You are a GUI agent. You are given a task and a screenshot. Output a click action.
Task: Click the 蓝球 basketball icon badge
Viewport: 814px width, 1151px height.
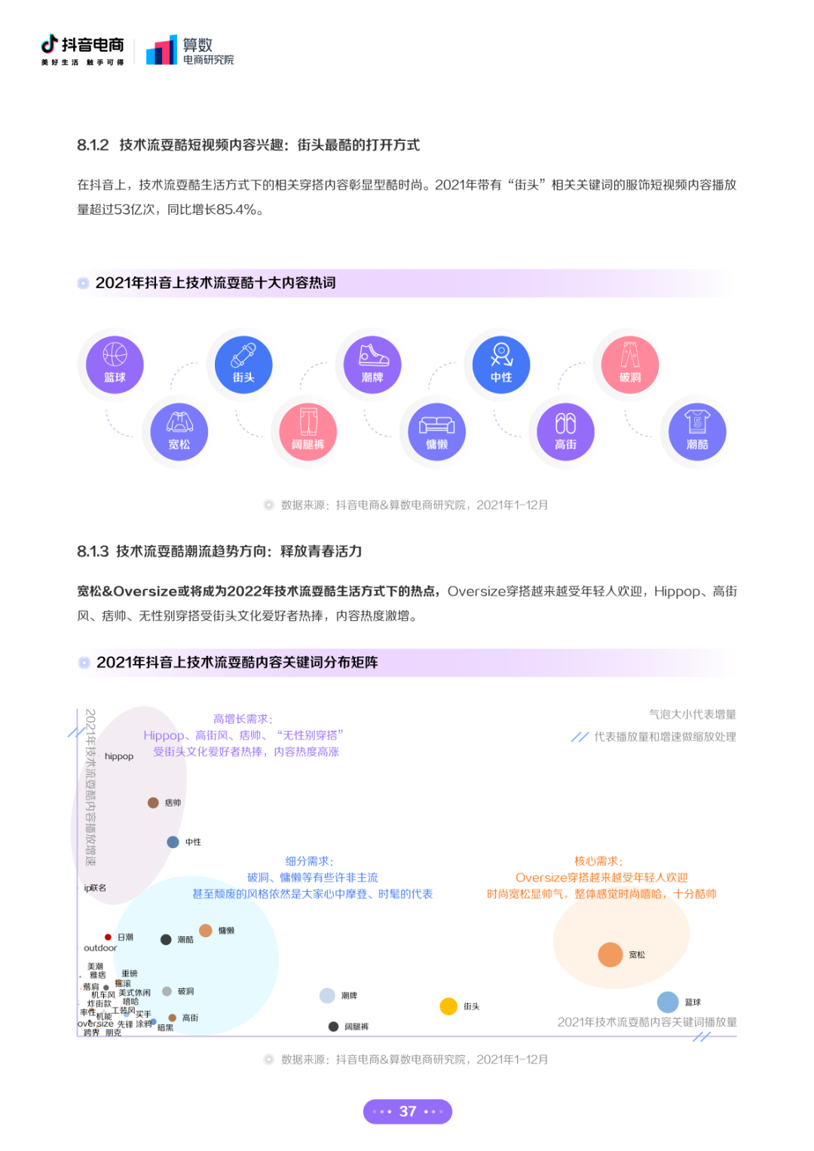115,364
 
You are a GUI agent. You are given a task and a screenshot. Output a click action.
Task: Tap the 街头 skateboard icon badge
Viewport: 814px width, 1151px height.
243,364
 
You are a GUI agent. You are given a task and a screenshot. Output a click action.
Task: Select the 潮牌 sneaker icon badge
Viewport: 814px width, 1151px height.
372,364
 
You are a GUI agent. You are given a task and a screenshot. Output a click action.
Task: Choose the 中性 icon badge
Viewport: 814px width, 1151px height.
501,364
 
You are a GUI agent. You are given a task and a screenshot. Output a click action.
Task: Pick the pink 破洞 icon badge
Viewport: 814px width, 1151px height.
630,364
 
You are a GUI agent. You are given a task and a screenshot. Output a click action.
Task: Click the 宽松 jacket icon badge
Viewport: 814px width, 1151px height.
179,431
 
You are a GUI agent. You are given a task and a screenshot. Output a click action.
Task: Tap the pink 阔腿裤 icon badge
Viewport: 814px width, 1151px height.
308,431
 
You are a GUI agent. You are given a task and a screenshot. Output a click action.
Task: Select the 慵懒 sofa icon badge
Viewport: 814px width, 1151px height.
437,431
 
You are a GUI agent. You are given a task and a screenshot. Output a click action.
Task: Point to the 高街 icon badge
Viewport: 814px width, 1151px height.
566,431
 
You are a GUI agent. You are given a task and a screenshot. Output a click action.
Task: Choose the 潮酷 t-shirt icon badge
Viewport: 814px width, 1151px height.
697,431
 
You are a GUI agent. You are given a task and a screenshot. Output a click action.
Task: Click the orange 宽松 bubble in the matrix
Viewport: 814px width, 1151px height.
610,954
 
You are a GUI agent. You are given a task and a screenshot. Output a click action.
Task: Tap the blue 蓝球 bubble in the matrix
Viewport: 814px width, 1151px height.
668,1002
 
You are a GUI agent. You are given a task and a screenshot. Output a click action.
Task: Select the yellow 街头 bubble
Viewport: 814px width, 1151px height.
448,1006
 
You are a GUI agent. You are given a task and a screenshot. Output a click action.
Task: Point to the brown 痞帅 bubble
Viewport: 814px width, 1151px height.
153,803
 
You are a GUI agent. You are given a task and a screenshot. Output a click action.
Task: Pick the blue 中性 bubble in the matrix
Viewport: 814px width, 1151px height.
173,842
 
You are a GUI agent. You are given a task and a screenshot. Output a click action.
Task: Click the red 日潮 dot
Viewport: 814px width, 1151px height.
108,937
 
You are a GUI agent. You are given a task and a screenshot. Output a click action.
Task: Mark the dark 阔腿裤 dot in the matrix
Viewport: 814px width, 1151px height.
333,1026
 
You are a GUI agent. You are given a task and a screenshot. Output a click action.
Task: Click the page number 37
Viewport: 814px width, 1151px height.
408,1111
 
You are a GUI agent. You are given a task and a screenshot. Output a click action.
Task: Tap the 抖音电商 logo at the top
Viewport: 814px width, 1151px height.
82,50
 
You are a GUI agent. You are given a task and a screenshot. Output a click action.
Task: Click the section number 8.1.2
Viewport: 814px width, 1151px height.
93,145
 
